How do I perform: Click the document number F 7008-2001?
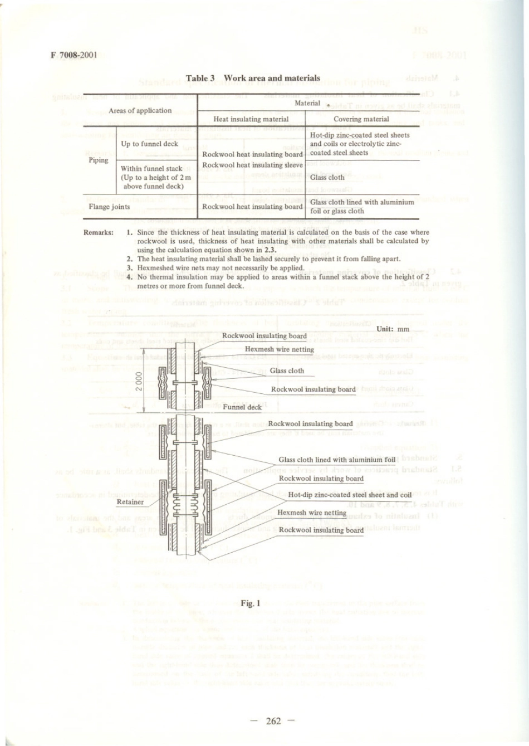point(74,55)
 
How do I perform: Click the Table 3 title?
point(253,78)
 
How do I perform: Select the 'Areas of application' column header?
point(140,110)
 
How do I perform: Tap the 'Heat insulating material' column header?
point(251,119)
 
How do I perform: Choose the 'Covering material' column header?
point(361,119)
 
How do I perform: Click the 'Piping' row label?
point(99,160)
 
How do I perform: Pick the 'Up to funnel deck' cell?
point(150,144)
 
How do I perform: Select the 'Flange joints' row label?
point(109,207)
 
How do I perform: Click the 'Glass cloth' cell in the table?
point(327,177)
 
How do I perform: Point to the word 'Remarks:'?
point(99,232)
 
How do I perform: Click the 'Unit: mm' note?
point(393,329)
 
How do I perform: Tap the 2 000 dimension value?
point(139,382)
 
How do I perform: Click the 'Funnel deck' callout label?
point(242,407)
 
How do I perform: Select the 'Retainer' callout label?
point(130,502)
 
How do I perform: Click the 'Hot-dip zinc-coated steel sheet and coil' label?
point(350,495)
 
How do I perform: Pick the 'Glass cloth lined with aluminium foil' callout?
point(337,460)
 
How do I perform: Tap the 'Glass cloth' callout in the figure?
point(287,370)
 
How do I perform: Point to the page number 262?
point(273,721)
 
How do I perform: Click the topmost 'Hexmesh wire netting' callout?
point(280,349)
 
